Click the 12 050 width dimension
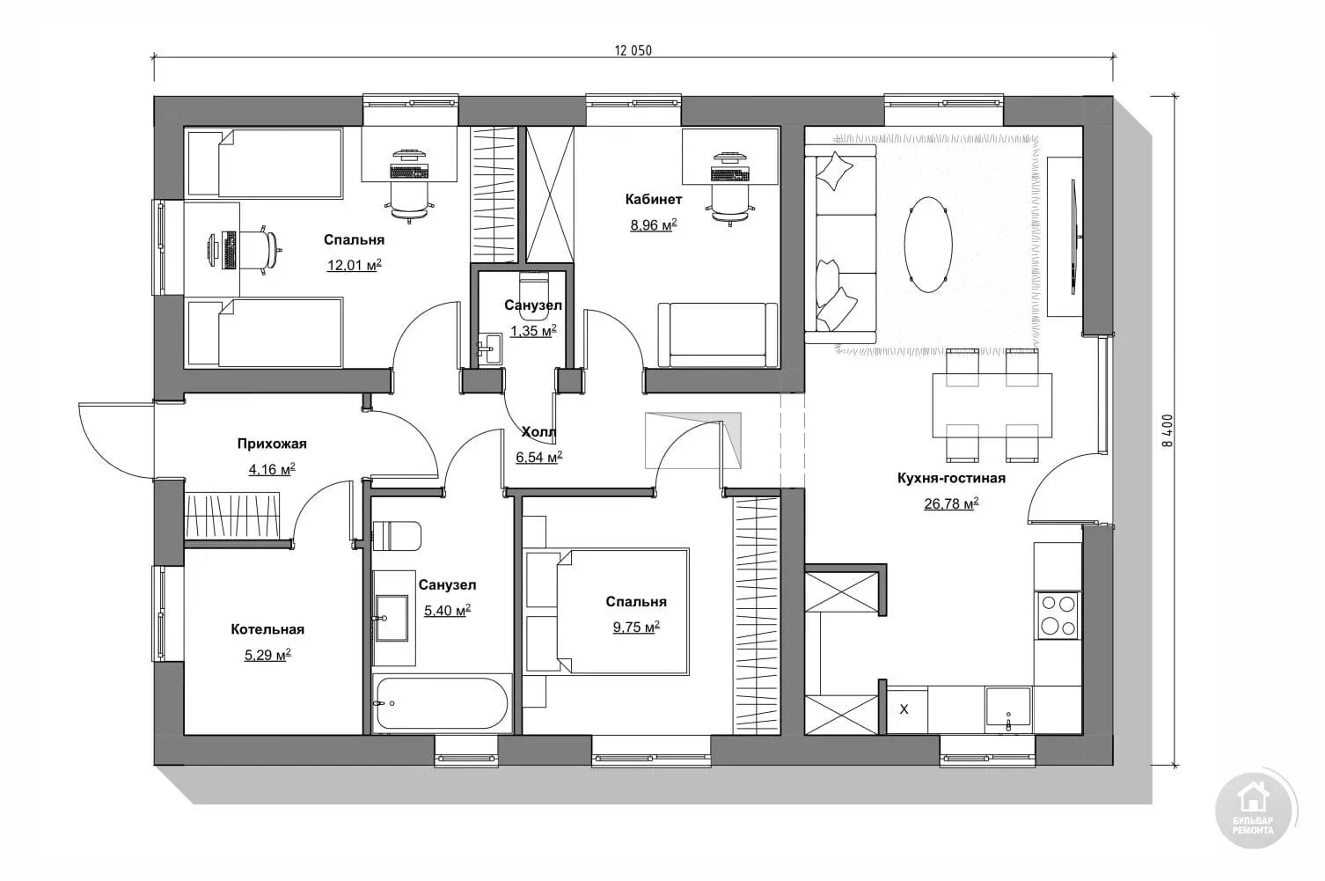pos(633,51)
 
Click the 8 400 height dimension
pos(1167,429)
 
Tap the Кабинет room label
pos(654,200)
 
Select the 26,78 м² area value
pos(951,503)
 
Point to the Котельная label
pos(267,629)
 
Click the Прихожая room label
pos(272,444)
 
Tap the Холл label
pos(538,432)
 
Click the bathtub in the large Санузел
pos(442,703)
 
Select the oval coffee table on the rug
pos(928,245)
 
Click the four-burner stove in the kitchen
pos(1058,615)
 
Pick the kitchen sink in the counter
pos(1008,708)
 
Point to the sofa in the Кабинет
pos(718,335)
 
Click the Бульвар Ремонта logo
pos(1254,811)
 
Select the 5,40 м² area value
pos(447,610)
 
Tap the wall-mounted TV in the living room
pos(1073,237)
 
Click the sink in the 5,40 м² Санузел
pos(392,618)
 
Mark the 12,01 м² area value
pos(354,265)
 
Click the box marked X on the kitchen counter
pos(904,709)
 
